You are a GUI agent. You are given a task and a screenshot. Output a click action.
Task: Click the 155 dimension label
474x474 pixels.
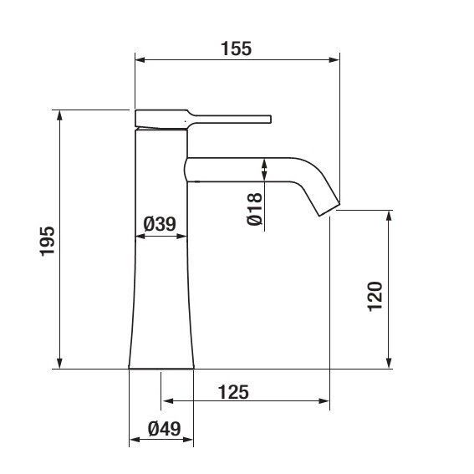pyautogui.click(x=236, y=48)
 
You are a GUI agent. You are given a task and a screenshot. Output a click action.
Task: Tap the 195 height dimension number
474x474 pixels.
pyautogui.click(x=48, y=241)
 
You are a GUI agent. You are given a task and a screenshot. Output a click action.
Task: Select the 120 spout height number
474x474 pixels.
pyautogui.click(x=375, y=296)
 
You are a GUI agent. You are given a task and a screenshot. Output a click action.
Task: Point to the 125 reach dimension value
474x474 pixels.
pyautogui.click(x=234, y=392)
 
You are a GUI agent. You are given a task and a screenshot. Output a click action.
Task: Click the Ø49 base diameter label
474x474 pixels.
pyautogui.click(x=165, y=429)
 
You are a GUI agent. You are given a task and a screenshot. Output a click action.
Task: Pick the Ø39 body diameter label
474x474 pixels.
pyautogui.click(x=160, y=224)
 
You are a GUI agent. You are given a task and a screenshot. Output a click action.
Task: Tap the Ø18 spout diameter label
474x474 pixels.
pyautogui.click(x=254, y=209)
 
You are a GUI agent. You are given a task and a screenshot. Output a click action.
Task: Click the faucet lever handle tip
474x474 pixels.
pyautogui.click(x=270, y=119)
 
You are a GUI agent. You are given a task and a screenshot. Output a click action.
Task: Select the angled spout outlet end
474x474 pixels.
pyautogui.click(x=329, y=210)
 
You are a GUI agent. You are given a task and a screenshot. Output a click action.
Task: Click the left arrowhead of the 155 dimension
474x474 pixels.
pyautogui.click(x=140, y=60)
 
